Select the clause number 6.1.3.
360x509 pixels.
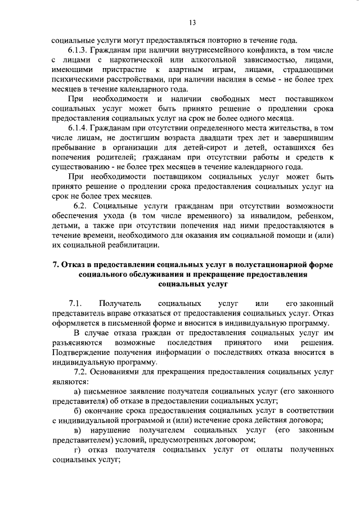pos(78,50)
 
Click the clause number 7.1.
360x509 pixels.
pos(76,304)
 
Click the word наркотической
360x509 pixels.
pos(138,60)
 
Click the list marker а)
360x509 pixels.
pos(79,391)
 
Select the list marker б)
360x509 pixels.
pos(79,412)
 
